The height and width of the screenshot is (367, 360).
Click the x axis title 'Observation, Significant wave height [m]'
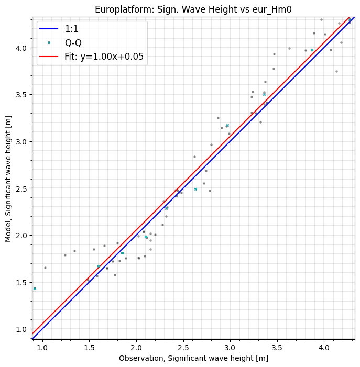click(193, 358)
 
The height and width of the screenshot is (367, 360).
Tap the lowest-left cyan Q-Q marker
click(35, 289)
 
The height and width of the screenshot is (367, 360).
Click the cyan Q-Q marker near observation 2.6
click(195, 189)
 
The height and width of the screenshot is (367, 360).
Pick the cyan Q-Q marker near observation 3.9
click(312, 50)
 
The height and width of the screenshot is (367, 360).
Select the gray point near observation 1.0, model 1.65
click(45, 268)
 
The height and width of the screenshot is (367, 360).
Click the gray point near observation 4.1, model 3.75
click(336, 72)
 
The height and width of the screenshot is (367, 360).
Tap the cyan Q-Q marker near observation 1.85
click(122, 253)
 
